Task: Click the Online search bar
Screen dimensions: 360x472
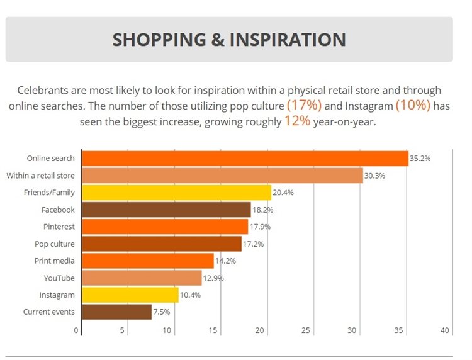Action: coord(245,159)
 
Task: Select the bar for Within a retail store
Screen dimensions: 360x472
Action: coord(222,176)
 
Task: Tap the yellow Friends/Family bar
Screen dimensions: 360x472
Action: coord(176,193)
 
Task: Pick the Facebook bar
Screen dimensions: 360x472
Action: coord(166,210)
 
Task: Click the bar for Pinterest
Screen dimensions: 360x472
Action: coord(165,227)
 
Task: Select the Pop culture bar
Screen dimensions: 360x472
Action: coord(162,244)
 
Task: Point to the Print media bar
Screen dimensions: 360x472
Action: coord(148,261)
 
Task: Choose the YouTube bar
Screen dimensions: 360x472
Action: coord(142,278)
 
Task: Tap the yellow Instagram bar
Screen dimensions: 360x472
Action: coord(130,295)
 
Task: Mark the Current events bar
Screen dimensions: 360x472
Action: coord(117,312)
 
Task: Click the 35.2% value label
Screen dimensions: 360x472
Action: coord(420,159)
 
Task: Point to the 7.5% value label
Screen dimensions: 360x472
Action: coord(162,312)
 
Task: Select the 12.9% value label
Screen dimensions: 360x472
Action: coord(213,278)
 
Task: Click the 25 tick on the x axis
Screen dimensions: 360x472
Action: coord(306,330)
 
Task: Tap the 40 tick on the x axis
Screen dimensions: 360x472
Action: coord(445,330)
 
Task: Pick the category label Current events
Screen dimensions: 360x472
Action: coord(49,312)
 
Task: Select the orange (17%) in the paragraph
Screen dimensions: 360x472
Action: coord(303,105)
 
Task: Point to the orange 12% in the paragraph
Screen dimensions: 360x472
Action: coord(297,121)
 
